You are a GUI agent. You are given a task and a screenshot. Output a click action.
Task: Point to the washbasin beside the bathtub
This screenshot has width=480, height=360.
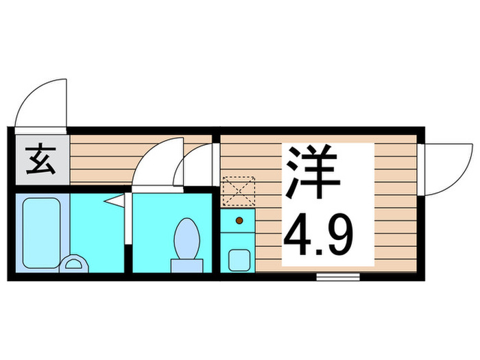[74, 264]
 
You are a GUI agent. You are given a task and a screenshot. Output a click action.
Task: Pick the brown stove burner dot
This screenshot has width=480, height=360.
[239, 220]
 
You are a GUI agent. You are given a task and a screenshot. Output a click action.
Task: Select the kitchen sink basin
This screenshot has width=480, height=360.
[239, 259]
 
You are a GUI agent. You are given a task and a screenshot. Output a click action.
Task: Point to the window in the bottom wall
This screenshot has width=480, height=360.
[338, 276]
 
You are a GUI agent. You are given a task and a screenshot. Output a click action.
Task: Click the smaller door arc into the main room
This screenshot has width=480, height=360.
[195, 165]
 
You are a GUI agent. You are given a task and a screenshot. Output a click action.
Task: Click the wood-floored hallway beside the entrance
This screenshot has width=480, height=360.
[103, 158]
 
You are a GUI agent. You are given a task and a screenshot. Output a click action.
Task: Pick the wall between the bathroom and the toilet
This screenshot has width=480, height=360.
[128, 233]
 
